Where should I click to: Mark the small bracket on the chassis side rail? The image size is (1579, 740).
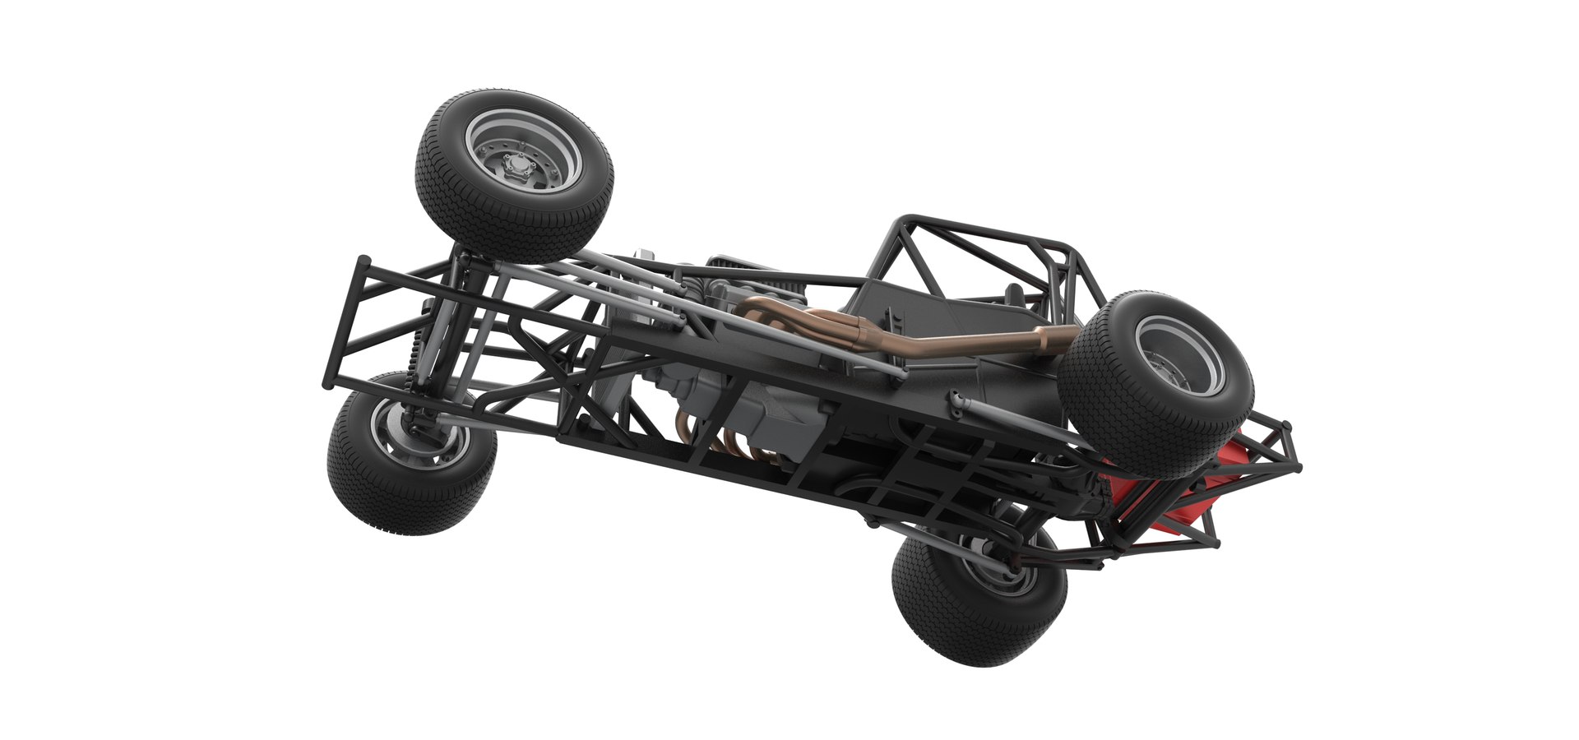(x=954, y=403)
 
